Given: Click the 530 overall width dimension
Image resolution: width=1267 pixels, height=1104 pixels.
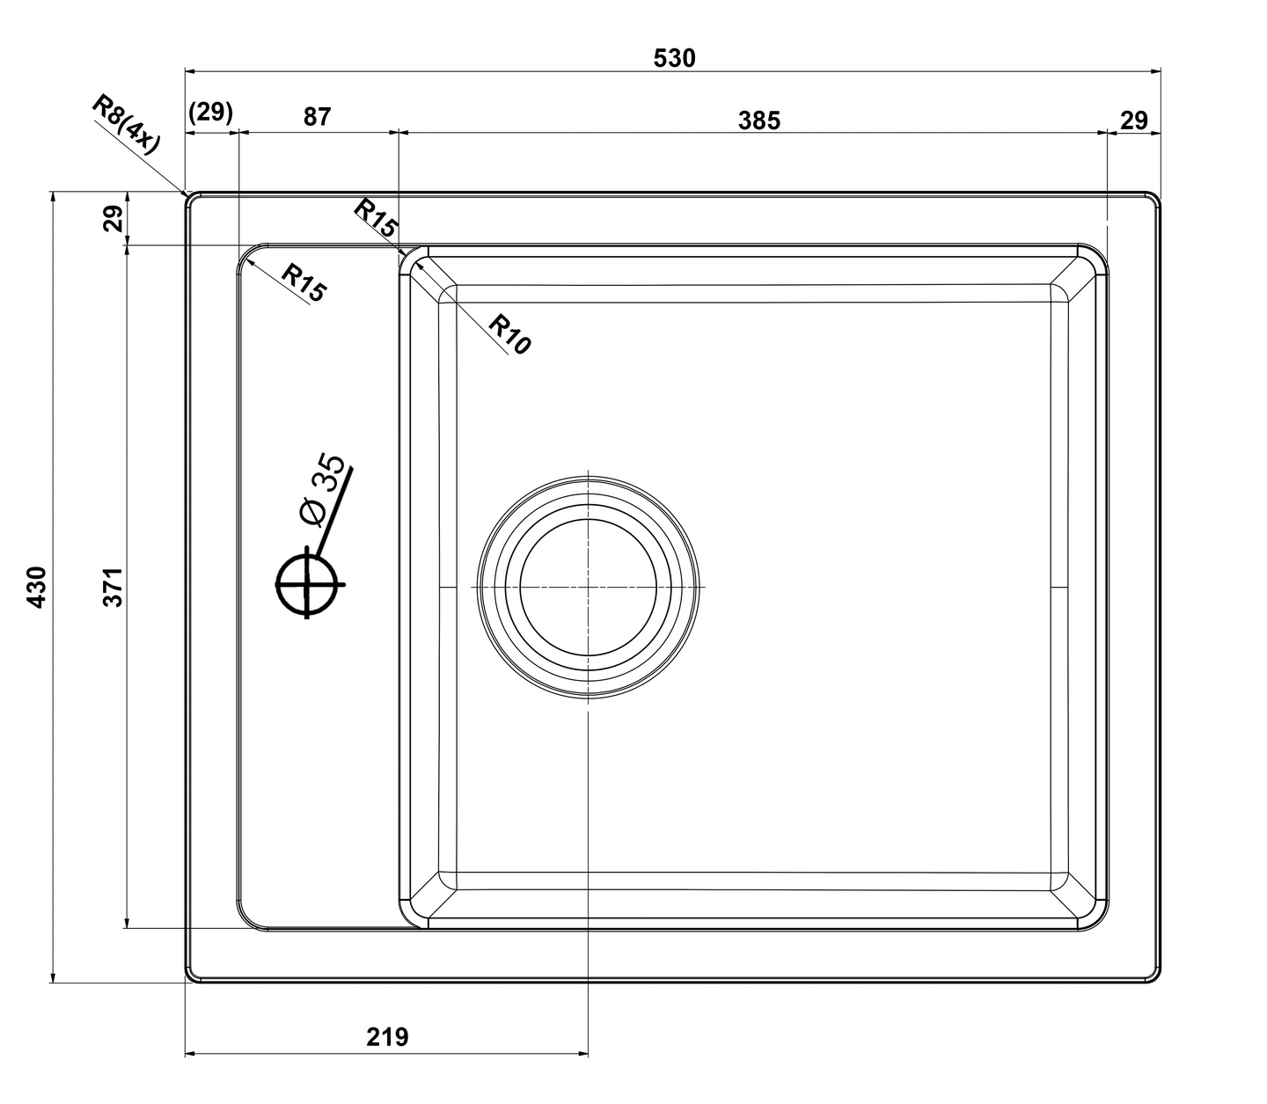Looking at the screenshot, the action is [674, 58].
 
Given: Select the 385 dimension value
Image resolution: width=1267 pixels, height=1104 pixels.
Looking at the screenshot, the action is [759, 121].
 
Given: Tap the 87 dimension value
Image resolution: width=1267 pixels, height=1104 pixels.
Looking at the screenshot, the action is [317, 117].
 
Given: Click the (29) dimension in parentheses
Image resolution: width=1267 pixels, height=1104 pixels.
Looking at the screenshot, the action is [210, 113].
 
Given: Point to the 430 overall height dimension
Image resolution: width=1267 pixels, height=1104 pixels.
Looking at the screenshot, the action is [38, 587].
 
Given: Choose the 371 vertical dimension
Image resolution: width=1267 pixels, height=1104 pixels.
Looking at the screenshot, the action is [114, 587].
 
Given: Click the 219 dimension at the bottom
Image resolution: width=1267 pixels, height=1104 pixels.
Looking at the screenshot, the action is [388, 1036].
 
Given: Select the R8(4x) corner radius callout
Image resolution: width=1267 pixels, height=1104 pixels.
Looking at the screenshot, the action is [127, 124].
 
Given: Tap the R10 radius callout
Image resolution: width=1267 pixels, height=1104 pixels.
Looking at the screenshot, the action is [509, 334].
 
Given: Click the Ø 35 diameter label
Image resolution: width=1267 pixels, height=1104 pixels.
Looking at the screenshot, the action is [321, 491].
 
